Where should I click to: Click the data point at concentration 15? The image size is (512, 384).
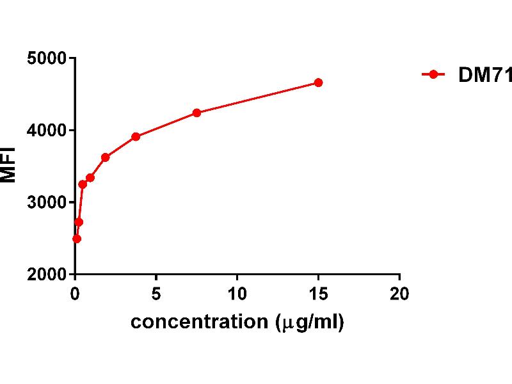point(318,83)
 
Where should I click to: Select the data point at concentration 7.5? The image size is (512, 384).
point(196,113)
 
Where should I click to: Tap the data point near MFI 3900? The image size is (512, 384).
point(136,136)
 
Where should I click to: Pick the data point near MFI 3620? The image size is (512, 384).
point(106,157)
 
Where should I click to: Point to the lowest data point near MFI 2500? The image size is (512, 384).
point(77,239)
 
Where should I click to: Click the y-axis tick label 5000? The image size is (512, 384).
point(47,59)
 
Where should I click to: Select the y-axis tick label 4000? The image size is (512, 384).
point(47,131)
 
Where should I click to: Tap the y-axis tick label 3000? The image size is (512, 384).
point(47,203)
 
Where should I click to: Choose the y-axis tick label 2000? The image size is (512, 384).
point(47,275)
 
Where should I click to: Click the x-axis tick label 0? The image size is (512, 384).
point(76,294)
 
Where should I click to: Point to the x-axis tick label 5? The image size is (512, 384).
point(156,294)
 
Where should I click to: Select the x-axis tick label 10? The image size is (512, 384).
point(237,294)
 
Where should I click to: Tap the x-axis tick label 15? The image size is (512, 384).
point(318,294)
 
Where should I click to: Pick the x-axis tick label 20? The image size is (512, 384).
point(399,294)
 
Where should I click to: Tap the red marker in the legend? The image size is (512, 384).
point(433,75)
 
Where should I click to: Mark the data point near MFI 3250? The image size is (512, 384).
point(83,184)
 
